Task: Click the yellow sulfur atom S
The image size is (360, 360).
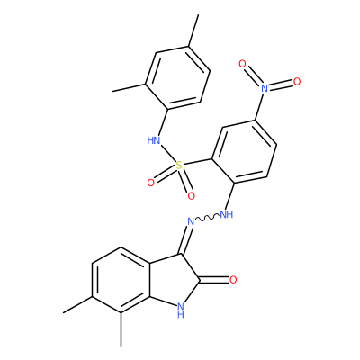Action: (179, 165)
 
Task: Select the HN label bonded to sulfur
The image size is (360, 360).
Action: (154, 140)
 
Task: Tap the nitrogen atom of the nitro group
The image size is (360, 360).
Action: (265, 88)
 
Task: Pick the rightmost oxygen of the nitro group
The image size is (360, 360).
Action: (297, 81)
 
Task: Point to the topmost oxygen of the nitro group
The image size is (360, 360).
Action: (242, 64)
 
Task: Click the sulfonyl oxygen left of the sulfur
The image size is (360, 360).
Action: (151, 183)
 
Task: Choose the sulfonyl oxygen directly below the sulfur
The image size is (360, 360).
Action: (191, 196)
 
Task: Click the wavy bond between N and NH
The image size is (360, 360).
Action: (207, 219)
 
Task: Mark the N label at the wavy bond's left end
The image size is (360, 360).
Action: (191, 222)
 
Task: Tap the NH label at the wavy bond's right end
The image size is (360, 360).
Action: (227, 214)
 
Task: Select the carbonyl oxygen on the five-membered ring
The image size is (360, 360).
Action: (233, 280)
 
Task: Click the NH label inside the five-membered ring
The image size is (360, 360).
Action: (180, 310)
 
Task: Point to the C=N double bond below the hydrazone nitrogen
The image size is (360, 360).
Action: (185, 240)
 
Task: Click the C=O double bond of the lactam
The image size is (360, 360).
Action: (214, 280)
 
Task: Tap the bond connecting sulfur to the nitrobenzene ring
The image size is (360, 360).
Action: (197, 161)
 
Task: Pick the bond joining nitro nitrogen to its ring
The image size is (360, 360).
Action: (259, 106)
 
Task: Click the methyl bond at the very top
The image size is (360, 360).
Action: (193, 31)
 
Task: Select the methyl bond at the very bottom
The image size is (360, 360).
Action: (121, 330)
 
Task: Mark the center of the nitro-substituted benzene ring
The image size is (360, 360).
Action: (244, 152)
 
